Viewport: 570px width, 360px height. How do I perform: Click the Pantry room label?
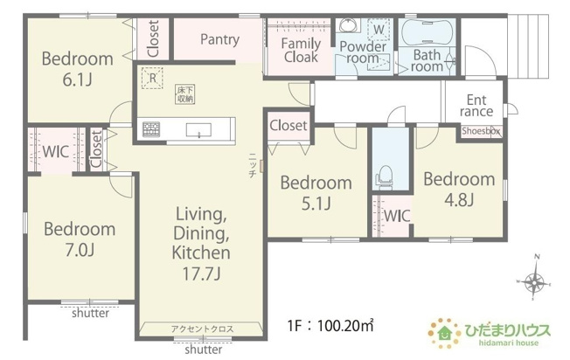click(220, 39)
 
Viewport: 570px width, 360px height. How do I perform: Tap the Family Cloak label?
click(301, 50)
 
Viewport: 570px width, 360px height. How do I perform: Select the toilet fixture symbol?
click(385, 177)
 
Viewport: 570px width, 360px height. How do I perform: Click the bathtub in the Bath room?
click(427, 32)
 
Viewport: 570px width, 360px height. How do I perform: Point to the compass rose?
click(534, 280)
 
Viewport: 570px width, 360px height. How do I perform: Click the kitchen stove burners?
click(151, 129)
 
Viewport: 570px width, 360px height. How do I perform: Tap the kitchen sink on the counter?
click(198, 130)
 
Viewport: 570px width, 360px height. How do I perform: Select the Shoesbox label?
click(481, 131)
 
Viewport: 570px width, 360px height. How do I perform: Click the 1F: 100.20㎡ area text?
click(330, 326)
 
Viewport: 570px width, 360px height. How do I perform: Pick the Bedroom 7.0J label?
click(80, 239)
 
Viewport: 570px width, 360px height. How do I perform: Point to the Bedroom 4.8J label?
click(459, 190)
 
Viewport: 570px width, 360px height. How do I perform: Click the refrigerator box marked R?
click(152, 78)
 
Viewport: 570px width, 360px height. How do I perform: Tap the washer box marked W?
click(379, 29)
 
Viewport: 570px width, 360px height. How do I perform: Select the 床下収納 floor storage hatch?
click(185, 94)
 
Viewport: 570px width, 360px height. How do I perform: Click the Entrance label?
click(476, 106)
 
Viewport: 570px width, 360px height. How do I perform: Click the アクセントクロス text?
click(202, 329)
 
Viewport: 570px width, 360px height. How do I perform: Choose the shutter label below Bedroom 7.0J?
click(90, 313)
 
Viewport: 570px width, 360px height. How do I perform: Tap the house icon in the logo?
click(444, 333)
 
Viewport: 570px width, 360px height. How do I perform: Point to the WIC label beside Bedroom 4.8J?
click(397, 216)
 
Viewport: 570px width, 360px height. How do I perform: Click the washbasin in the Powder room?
click(348, 25)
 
